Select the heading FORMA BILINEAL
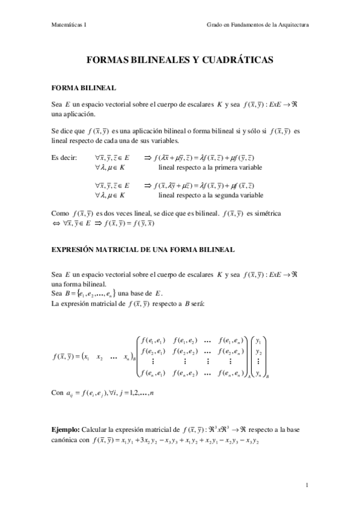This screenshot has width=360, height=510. click(81, 87)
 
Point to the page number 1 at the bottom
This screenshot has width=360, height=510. click(307, 485)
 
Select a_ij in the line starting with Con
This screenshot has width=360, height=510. click(71, 393)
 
